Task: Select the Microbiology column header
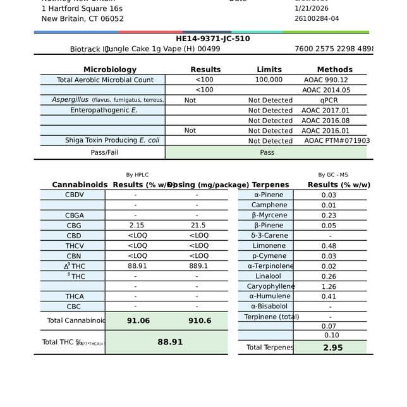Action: (110, 70)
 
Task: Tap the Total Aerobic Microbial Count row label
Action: (105, 80)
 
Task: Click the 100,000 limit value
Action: (269, 80)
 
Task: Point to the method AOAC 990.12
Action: (326, 80)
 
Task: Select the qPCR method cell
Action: (329, 100)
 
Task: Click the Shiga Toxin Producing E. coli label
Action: (112, 140)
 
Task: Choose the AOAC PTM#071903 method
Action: (337, 141)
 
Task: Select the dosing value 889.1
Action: (198, 266)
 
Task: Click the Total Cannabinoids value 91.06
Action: (138, 321)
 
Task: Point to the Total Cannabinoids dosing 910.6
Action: (200, 321)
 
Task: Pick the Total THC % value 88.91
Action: (170, 342)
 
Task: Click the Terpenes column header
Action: (270, 185)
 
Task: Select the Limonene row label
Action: (269, 246)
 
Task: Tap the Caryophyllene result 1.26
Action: (329, 286)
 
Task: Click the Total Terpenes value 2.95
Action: (332, 348)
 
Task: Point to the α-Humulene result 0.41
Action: (329, 296)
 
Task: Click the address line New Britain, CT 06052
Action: (83, 19)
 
